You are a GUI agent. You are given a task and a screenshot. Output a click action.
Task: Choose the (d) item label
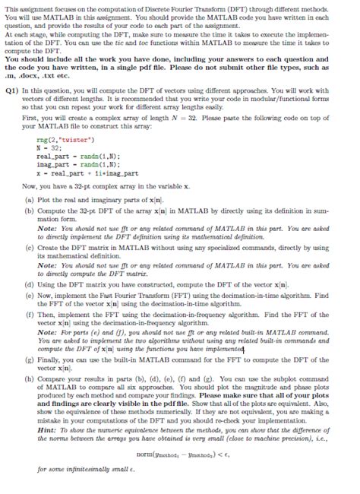[x=28, y=301]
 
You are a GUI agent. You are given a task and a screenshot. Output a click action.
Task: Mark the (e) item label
[x=28, y=312]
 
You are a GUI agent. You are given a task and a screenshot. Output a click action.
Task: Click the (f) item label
[x=28, y=331]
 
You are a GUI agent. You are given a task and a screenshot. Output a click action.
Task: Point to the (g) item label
[x=28, y=378]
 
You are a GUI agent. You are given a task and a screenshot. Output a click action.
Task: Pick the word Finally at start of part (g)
[x=49, y=378]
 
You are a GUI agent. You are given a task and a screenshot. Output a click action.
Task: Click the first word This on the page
[x=11, y=6]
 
